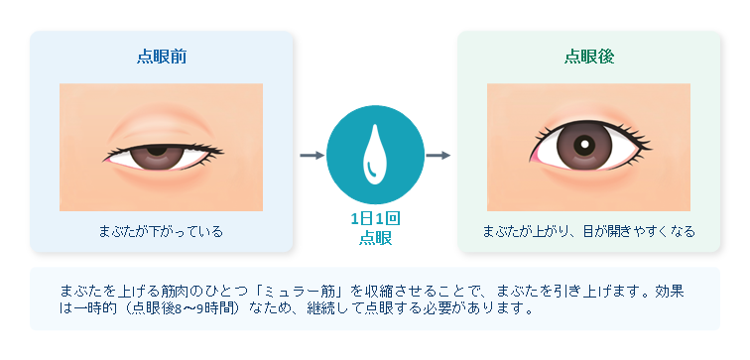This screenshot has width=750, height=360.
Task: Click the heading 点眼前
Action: coord(162,57)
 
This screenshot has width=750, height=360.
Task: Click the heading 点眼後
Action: coord(589,57)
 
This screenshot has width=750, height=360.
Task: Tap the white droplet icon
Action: coord(375,155)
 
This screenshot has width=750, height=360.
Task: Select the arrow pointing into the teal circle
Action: coord(312,156)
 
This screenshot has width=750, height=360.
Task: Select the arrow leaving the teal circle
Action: coord(437,156)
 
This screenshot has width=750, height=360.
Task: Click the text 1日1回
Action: coord(375,219)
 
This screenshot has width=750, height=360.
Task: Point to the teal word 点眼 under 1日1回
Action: coord(375,238)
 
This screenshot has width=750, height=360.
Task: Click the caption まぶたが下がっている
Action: coord(161,232)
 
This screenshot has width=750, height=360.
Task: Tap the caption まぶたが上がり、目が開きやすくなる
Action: coord(589,232)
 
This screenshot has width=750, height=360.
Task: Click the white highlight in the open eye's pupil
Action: coord(584,144)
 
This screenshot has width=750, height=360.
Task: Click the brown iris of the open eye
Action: coord(584,145)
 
